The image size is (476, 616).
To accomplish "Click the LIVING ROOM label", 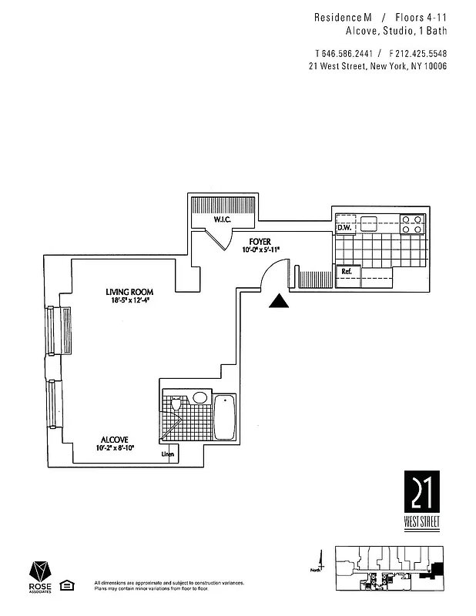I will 130,292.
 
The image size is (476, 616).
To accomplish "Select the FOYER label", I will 260,242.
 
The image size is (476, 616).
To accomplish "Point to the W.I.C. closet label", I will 223,220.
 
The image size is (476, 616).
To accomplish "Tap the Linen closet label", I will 167,454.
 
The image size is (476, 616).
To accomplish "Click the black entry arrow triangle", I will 279,302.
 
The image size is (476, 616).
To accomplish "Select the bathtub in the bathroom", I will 224,417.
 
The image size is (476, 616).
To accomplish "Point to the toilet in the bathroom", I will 176,403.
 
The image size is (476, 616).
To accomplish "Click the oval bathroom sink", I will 200,398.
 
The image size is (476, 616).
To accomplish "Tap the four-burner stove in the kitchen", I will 412,223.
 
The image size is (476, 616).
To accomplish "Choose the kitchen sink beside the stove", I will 369,223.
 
